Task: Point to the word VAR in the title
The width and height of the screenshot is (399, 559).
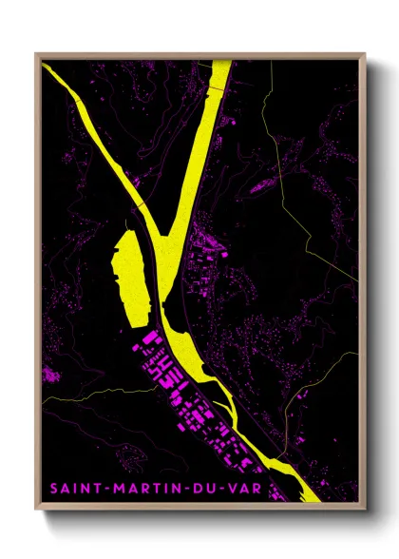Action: point(249,490)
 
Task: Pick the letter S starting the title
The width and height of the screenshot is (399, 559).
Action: point(54,490)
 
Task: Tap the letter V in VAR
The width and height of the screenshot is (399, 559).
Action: point(235,490)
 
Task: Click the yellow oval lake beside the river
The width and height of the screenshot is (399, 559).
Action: point(128,271)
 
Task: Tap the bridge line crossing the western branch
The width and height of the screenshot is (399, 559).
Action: point(139,204)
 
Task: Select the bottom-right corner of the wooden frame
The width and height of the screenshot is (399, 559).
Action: point(364,509)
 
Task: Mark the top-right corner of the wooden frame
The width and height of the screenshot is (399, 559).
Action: point(364,54)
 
